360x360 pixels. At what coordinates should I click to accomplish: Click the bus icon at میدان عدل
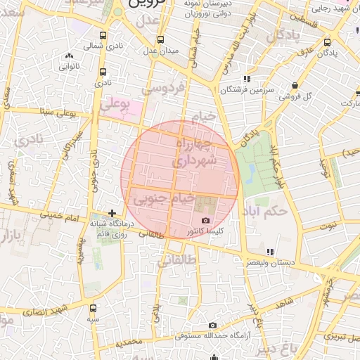(x=161, y=39)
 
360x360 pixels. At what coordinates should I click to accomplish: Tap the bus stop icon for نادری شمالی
(x=103, y=35)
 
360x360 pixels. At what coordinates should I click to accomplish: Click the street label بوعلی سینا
(x=56, y=111)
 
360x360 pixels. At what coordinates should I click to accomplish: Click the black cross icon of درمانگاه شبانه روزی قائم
(x=112, y=212)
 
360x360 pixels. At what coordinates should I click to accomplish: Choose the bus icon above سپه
(x=94, y=307)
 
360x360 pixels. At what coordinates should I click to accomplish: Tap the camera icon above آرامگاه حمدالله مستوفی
(x=212, y=325)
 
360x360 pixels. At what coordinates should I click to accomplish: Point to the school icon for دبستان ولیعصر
(x=270, y=252)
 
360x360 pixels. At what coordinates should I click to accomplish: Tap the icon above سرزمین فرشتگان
(x=245, y=79)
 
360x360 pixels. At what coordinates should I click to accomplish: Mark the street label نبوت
(x=328, y=226)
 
